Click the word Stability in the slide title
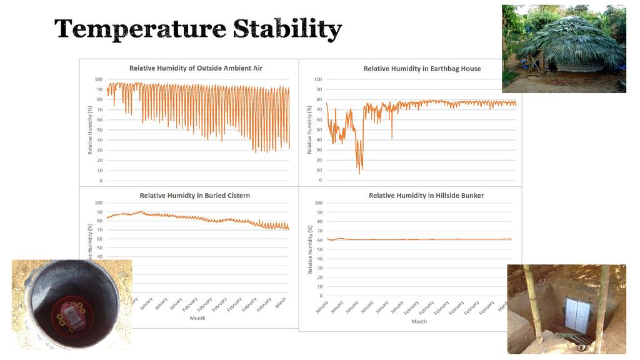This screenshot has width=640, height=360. tap(287, 29)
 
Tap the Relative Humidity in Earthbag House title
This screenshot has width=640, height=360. tap(422, 69)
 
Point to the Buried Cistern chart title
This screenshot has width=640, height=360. tap(194, 196)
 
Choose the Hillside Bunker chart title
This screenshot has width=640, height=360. tap(426, 196)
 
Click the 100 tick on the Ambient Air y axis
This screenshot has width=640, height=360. tap(99, 79)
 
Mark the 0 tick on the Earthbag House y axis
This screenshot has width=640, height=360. tap(320, 181)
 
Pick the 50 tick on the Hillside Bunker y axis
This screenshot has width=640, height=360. tap(319, 249)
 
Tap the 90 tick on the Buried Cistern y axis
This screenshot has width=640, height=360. tap(99, 212)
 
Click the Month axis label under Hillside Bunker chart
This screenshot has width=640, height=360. tap(419, 321)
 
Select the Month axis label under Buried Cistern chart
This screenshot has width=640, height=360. tap(197, 318)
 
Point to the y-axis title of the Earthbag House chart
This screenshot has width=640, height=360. tap(309, 129)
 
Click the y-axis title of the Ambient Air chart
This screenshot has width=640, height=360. tap(90, 130)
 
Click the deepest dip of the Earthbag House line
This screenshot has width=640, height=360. tap(359, 172)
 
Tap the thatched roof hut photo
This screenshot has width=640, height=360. tap(564, 49)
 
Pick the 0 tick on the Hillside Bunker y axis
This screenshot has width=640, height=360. tap(320, 296)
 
